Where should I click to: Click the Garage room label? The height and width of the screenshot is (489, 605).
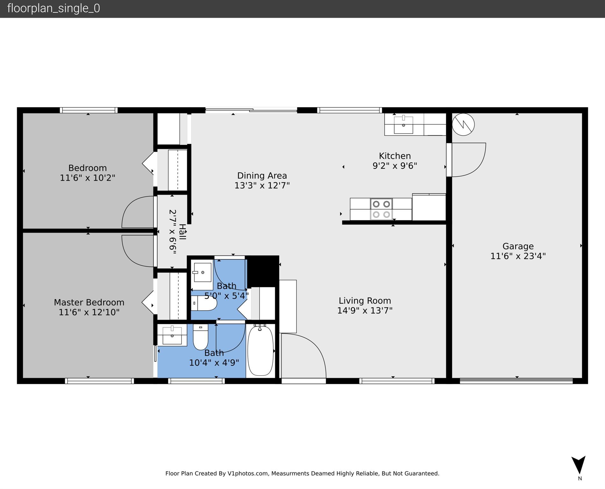pos(518,246)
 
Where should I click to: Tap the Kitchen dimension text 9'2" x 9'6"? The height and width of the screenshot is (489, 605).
pos(395,166)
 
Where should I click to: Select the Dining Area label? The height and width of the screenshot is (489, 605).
pos(262,176)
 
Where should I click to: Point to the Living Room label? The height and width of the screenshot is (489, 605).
pos(365,301)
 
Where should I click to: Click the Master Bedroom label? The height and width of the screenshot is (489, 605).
pos(89,302)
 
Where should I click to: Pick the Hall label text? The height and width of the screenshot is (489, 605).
pos(182,232)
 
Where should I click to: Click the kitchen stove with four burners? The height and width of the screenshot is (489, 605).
pos(381,209)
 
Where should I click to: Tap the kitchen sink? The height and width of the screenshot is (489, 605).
pos(403,125)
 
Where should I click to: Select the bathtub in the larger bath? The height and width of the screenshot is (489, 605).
pos(260,350)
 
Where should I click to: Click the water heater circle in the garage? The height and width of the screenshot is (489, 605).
pos(463,124)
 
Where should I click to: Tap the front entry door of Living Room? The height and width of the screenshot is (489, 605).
pos(303,356)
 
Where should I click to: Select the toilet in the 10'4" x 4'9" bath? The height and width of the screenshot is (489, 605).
pos(201,337)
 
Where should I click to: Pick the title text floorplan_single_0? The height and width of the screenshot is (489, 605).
pos(53,8)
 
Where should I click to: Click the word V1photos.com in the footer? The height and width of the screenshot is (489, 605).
pos(248,473)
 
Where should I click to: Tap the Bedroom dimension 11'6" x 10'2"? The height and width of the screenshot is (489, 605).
pos(88,178)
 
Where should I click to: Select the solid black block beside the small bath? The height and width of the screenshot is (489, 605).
pos(263,271)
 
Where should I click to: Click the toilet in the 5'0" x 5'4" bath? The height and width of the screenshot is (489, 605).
pos(204,303)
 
